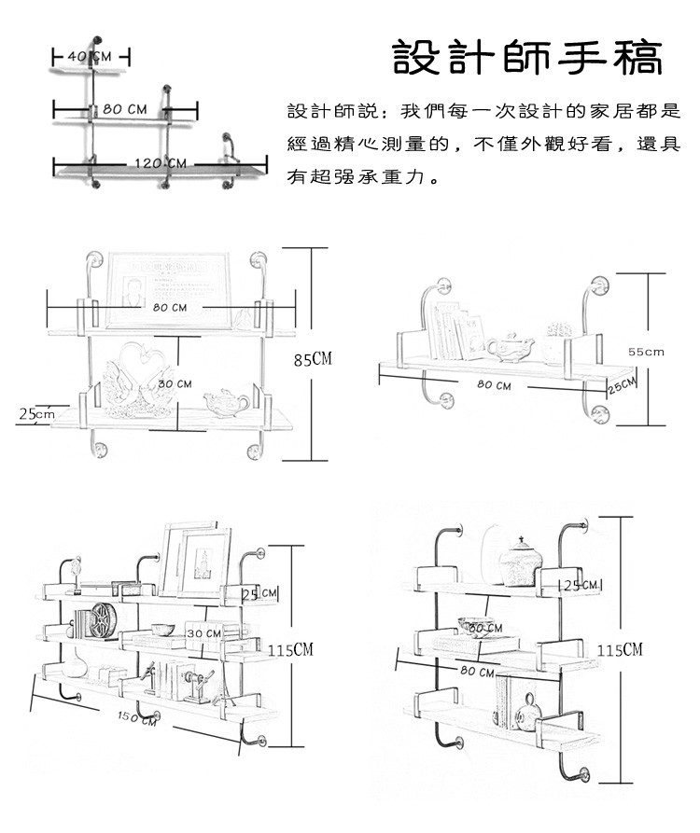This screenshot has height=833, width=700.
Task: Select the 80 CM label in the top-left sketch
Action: click(124, 109)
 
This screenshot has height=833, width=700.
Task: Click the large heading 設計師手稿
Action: click(527, 57)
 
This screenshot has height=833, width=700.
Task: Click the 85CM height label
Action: click(315, 359)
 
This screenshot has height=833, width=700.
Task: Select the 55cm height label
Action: click(645, 352)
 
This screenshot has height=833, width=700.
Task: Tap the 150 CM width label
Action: click(136, 718)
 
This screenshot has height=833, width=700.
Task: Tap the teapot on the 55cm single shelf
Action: click(510, 347)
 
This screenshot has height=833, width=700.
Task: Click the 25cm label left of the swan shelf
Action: click(36, 413)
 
